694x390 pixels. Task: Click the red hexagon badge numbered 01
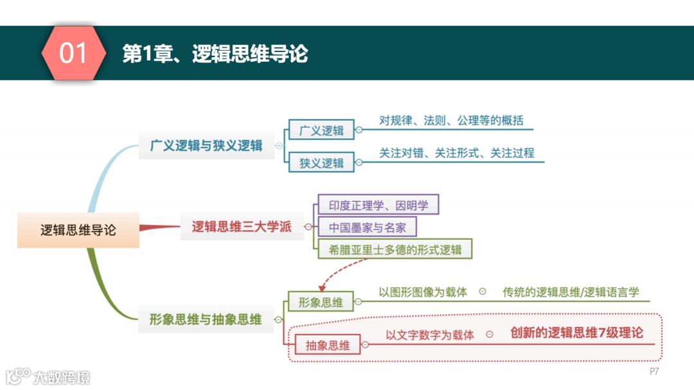(73, 53)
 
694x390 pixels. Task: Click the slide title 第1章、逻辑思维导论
(215, 54)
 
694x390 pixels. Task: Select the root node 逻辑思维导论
(78, 229)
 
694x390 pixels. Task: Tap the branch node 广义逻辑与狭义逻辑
(206, 145)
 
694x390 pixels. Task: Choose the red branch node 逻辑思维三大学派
(242, 226)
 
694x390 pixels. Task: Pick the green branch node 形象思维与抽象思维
(206, 319)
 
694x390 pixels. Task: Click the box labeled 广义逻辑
(321, 130)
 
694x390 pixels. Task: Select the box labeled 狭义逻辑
(321, 163)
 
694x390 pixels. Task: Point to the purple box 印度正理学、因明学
(378, 205)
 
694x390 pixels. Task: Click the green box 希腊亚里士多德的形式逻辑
(395, 249)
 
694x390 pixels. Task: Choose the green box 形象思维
(321, 302)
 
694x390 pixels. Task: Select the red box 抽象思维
(328, 345)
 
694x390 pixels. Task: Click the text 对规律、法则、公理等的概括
(451, 120)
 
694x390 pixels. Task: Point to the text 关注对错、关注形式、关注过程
(456, 153)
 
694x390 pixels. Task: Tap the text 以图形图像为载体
(423, 292)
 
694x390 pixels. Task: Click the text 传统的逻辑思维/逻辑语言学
(571, 292)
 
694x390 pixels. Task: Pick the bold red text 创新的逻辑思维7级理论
(576, 333)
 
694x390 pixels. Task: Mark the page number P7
(654, 371)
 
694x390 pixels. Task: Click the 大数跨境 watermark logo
(48, 377)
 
